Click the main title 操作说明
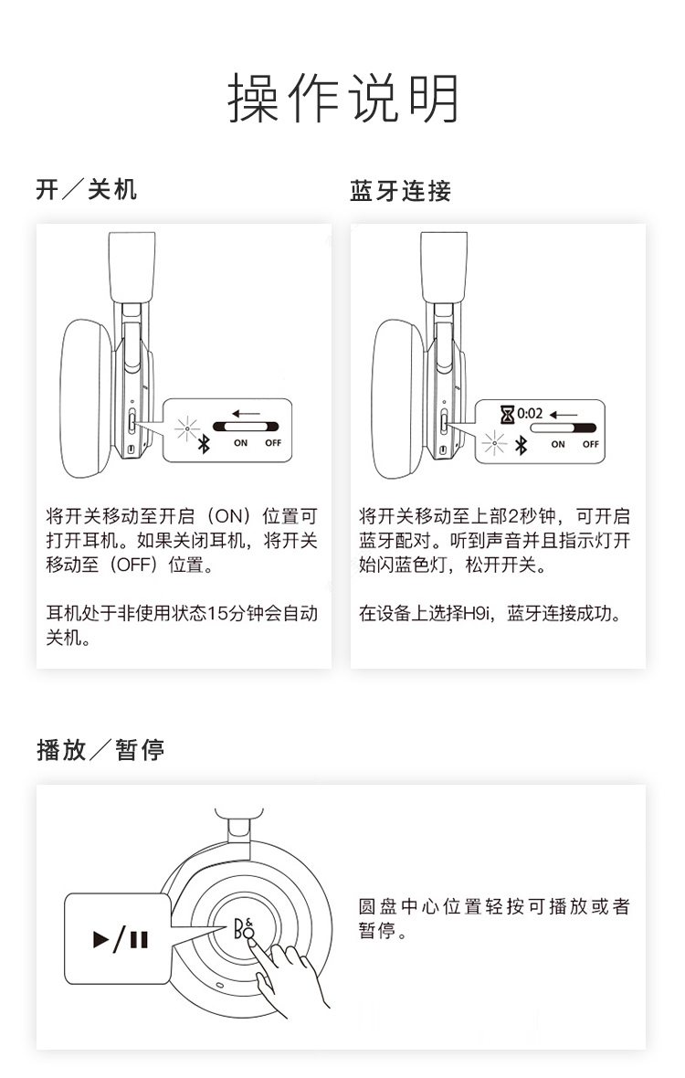[342, 99]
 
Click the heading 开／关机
[87, 189]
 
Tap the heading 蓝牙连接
[400, 190]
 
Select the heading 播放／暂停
[100, 749]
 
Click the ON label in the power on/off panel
[240, 443]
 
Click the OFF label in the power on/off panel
[273, 443]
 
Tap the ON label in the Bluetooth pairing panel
[558, 445]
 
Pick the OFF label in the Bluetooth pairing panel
[591, 445]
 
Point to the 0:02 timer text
[530, 414]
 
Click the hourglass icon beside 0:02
[507, 415]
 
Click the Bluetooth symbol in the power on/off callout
[204, 444]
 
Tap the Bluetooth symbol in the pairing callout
[521, 446]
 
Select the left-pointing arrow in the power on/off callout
[246, 414]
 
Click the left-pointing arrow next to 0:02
[564, 416]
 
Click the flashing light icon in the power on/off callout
[186, 429]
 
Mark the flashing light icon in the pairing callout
[493, 443]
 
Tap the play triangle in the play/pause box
[101, 938]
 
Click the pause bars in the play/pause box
[139, 939]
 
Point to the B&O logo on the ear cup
[244, 928]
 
